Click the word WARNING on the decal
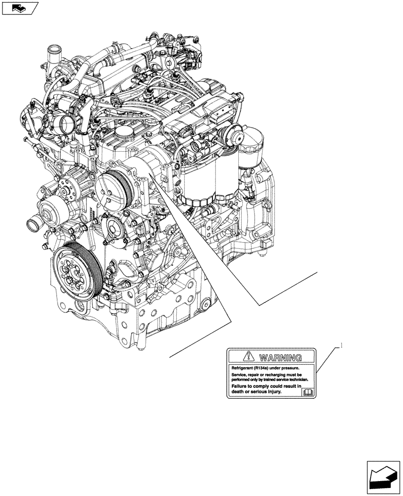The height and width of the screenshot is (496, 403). click(x=280, y=358)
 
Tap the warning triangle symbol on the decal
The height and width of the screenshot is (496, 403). click(x=249, y=357)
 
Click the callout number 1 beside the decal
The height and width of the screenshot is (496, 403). click(x=341, y=346)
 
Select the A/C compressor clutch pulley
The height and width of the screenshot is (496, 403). click(x=113, y=189)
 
